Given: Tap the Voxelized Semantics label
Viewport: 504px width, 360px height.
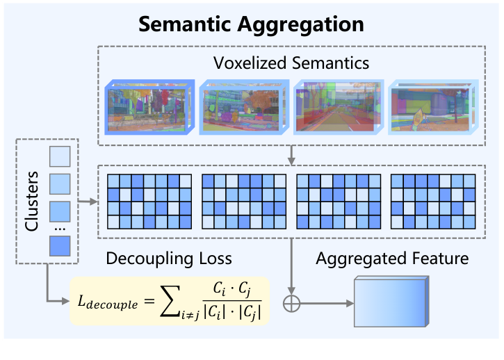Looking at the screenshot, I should click(x=291, y=63).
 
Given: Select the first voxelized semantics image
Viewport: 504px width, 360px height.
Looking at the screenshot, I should click(x=148, y=108).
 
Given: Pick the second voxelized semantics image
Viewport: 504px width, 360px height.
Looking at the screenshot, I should click(x=243, y=108).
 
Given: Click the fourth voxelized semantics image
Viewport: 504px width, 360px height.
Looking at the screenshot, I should click(x=432, y=108).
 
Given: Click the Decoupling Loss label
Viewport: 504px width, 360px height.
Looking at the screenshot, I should click(x=168, y=259).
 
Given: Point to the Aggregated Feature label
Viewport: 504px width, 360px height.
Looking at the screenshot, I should click(x=392, y=259).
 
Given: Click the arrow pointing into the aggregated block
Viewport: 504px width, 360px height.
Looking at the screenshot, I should click(x=327, y=304).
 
